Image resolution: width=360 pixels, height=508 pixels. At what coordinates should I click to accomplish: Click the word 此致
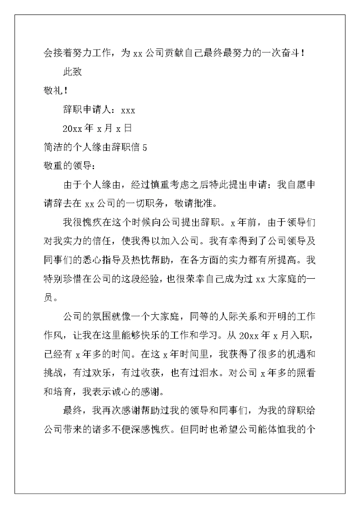point(72,72)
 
